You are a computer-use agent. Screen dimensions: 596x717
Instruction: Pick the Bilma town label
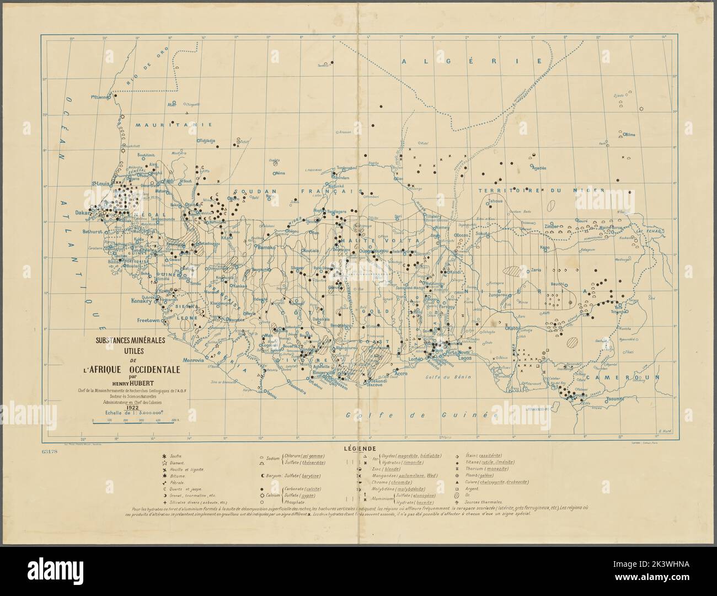(x=629, y=134)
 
